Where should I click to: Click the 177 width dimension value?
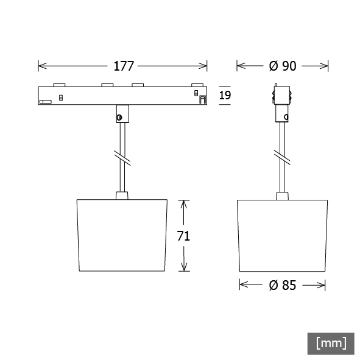(x=124, y=66)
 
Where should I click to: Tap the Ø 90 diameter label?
(x=283, y=66)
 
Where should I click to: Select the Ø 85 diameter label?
(x=283, y=286)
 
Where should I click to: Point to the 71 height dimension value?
(x=183, y=236)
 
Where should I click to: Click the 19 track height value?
(x=225, y=95)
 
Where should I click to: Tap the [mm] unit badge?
(x=331, y=344)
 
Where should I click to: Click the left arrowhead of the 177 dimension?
(x=43, y=66)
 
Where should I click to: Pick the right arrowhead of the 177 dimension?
(x=203, y=66)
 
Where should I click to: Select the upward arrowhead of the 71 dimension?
(x=184, y=204)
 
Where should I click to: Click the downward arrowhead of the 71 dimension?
(x=184, y=267)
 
